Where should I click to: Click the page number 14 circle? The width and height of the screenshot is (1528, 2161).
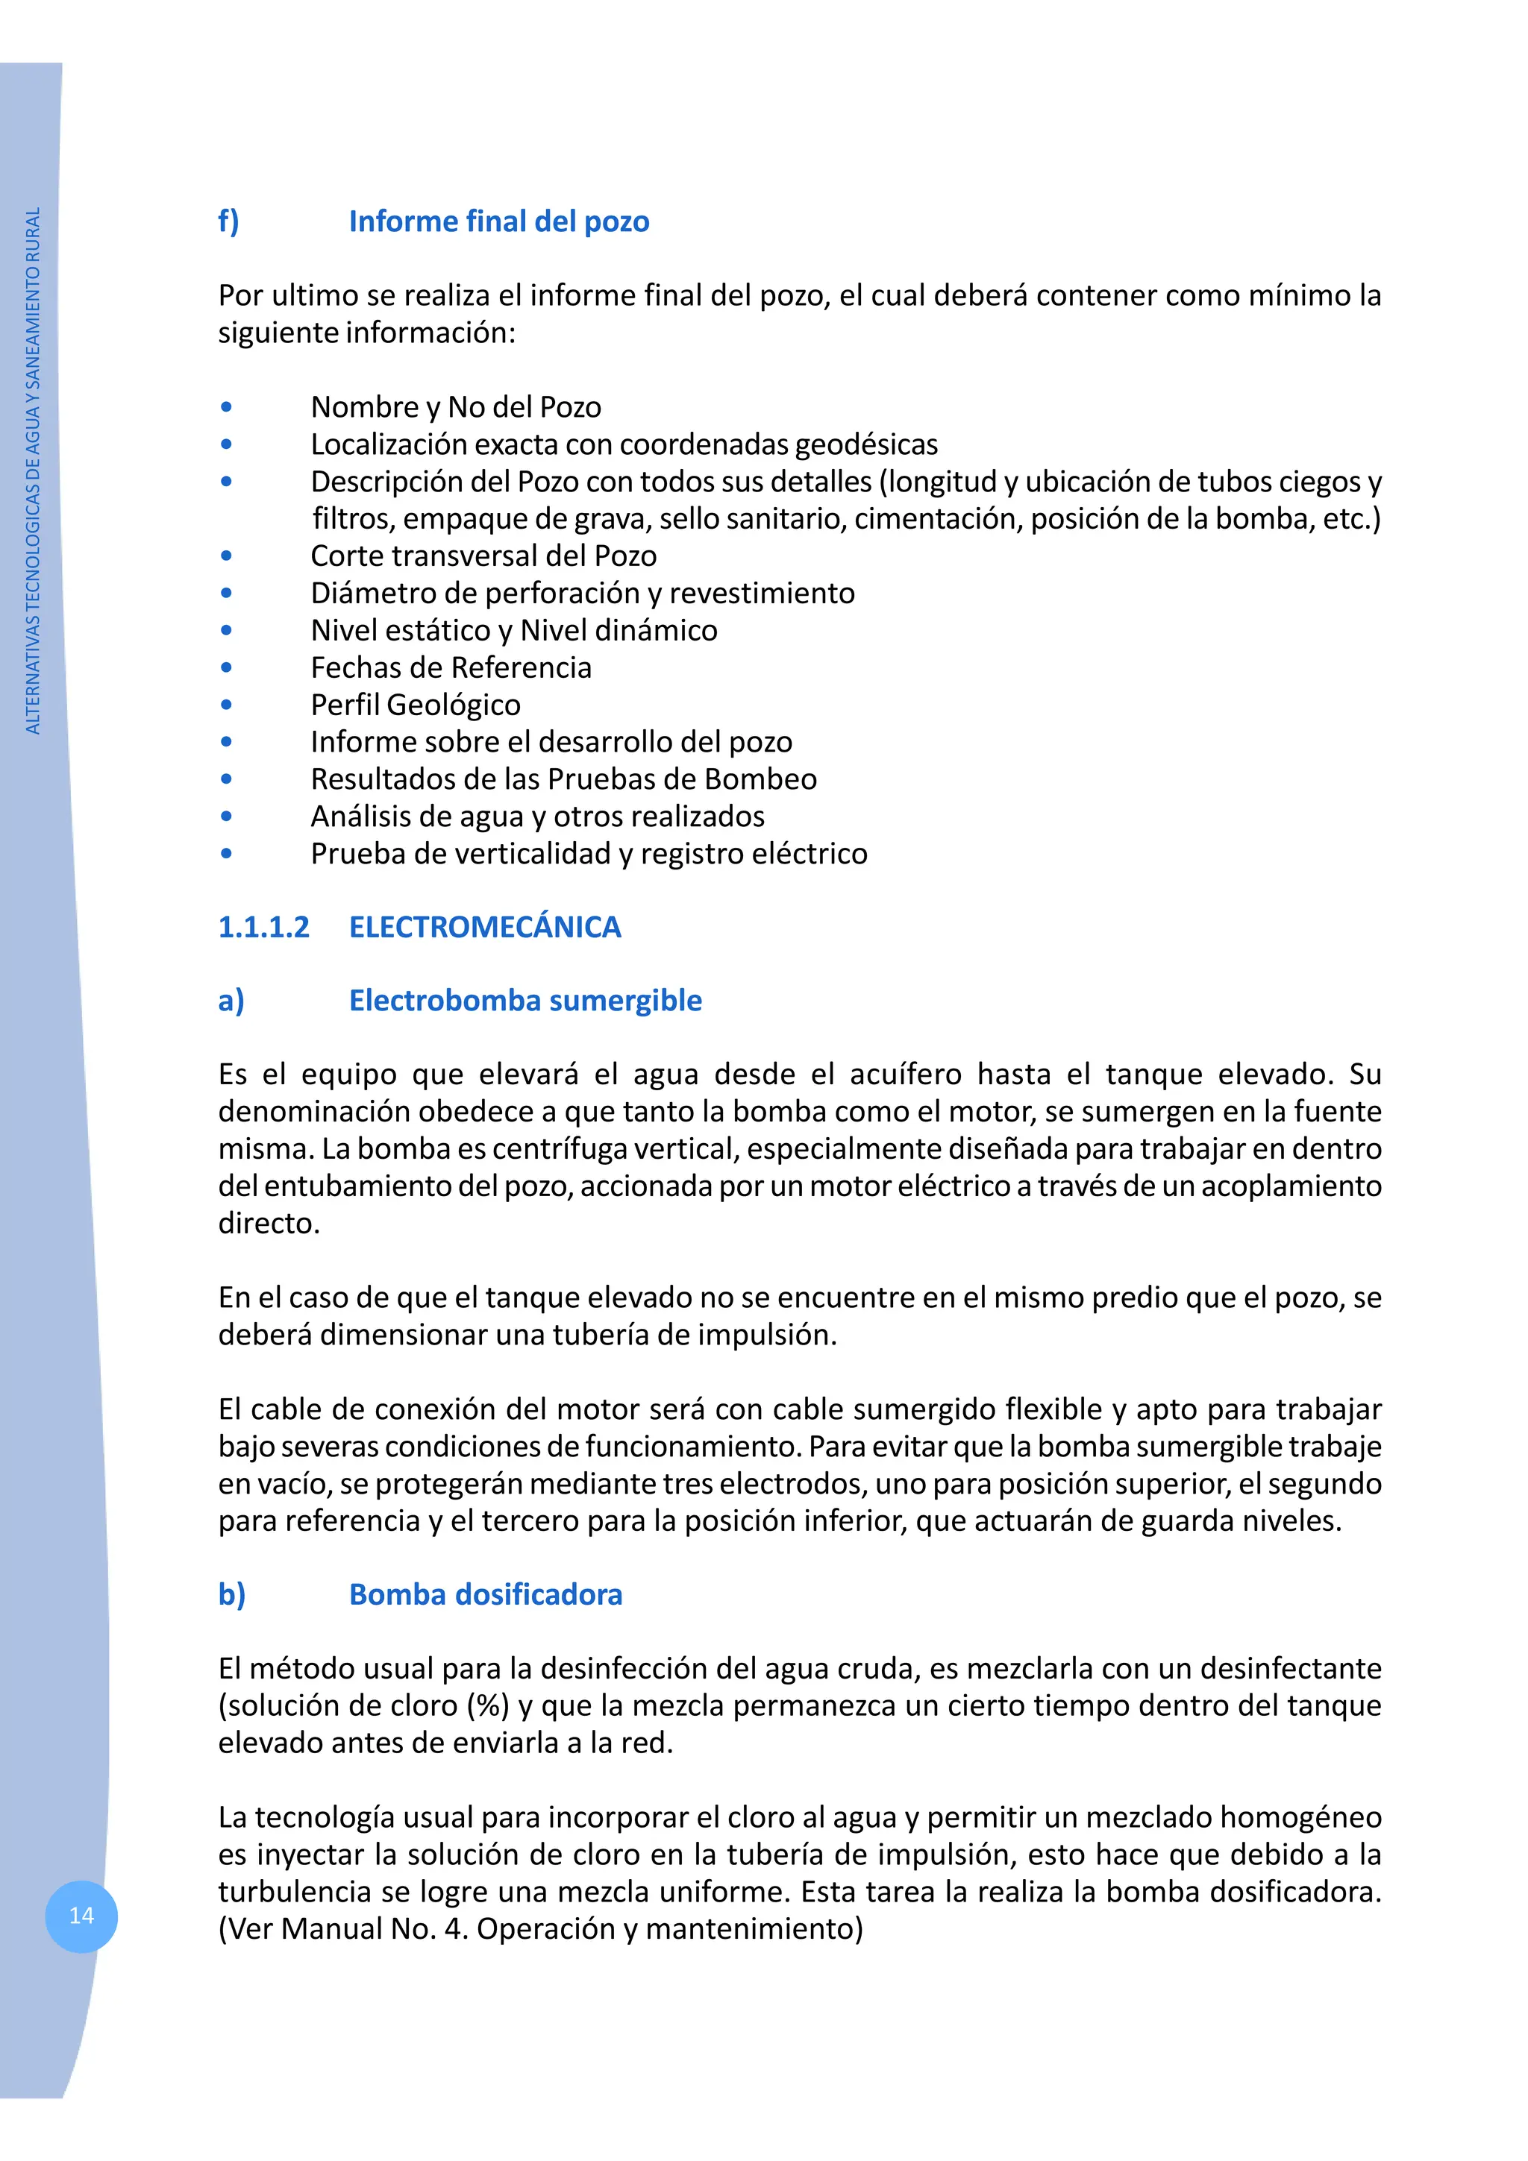coord(81,1916)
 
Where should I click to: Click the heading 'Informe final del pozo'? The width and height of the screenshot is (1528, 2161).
coord(498,221)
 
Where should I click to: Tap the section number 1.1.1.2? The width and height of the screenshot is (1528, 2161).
coord(263,927)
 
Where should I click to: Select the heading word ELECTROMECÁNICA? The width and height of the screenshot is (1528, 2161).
coord(485,927)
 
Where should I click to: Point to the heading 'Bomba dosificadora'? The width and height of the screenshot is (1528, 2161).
coord(485,1594)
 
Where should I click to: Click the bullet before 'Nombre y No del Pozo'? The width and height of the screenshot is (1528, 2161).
coord(226,406)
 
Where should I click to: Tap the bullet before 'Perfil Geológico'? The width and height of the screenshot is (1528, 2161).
coord(226,704)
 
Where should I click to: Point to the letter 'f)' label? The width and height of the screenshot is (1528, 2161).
coord(229,221)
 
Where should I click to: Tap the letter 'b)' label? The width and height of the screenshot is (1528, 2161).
coord(231,1594)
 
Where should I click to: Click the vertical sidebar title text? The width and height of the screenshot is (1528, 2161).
coord(33,471)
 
